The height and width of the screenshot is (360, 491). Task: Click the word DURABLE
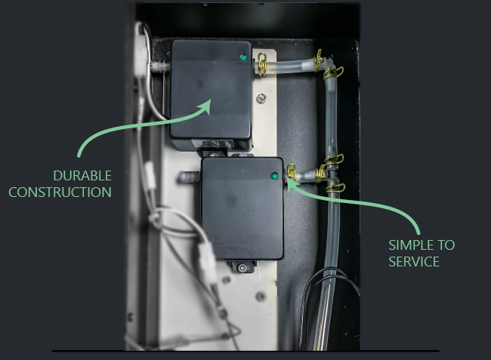pyautogui.click(x=82, y=176)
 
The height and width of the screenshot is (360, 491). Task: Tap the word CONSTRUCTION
pyautogui.click(x=60, y=192)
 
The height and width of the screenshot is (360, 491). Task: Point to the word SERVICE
pyautogui.click(x=414, y=262)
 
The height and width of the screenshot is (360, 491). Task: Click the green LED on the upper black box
pyautogui.click(x=243, y=57)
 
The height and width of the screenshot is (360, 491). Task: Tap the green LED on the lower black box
pyautogui.click(x=275, y=176)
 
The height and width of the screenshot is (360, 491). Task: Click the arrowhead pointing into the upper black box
pyautogui.click(x=205, y=106)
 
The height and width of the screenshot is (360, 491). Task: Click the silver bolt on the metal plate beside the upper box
pyautogui.click(x=261, y=99)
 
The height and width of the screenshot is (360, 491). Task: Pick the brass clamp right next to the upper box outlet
pyautogui.click(x=262, y=64)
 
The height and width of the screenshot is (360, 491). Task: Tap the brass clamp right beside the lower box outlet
pyautogui.click(x=292, y=171)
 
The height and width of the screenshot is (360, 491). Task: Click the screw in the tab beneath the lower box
pyautogui.click(x=242, y=267)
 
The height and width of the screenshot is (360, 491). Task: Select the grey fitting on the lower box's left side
pyautogui.click(x=189, y=177)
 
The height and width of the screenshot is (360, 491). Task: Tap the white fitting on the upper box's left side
pyautogui.click(x=159, y=66)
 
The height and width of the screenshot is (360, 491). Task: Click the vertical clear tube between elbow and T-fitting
pyautogui.click(x=331, y=118)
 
